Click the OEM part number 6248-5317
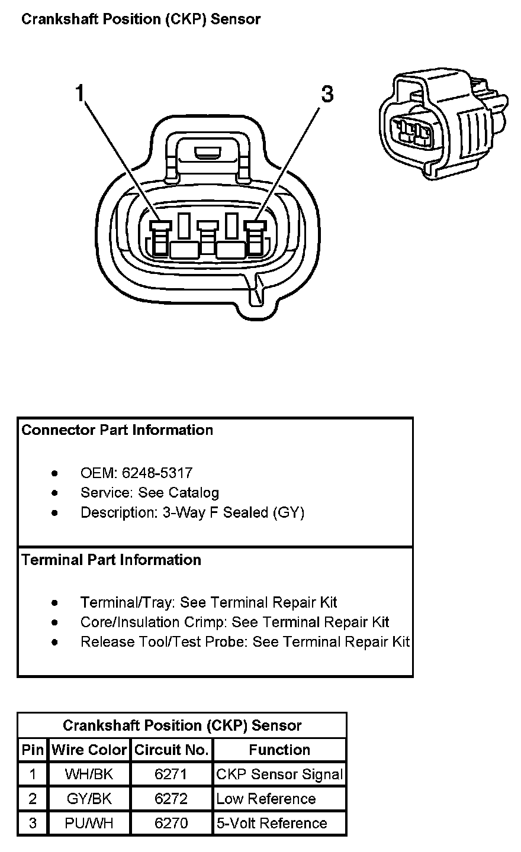[157, 473]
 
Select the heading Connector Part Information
[117, 430]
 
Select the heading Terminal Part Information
[111, 560]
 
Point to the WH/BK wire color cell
[89, 774]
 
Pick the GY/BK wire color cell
[89, 799]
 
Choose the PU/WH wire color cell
[89, 823]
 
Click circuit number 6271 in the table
[171, 774]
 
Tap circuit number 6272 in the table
[171, 799]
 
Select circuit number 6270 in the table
[171, 823]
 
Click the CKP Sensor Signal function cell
[279, 774]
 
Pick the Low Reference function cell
[266, 799]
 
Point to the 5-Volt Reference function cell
[272, 823]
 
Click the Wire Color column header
[89, 750]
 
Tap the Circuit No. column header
[171, 750]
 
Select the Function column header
[279, 750]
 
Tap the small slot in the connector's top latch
[207, 155]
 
